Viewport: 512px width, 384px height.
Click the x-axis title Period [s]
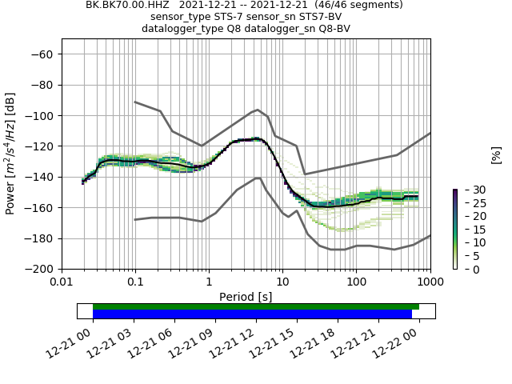246,296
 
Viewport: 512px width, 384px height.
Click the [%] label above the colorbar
496,154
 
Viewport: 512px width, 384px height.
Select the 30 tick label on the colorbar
468,190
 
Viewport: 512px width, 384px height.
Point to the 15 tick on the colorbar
468,230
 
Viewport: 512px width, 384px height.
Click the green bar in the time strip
256,306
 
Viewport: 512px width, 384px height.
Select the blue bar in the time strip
252,314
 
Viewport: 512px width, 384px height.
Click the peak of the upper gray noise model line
258,110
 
